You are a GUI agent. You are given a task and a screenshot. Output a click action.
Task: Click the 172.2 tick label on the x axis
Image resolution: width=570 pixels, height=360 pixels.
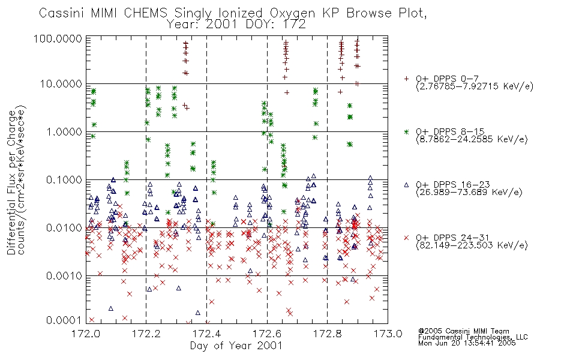146,334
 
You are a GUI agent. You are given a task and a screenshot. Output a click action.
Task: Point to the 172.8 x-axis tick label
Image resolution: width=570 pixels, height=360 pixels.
327,334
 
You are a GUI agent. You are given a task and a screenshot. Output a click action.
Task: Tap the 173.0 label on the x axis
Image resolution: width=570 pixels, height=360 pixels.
388,334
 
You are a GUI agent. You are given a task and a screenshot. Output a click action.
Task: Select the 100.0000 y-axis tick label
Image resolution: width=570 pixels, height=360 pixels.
58,38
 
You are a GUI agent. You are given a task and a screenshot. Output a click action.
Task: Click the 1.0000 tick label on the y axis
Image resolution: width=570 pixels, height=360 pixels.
64,131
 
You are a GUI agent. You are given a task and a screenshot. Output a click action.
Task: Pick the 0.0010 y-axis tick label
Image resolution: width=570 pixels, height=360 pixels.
64,276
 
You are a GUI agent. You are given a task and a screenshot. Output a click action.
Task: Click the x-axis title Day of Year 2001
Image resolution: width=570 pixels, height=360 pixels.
236,346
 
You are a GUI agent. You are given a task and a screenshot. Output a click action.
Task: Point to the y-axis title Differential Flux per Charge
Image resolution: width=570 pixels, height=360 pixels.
11,182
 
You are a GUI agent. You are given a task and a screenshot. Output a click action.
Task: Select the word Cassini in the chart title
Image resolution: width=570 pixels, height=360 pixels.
61,13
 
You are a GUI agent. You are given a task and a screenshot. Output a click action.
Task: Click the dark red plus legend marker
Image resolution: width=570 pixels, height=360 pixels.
406,79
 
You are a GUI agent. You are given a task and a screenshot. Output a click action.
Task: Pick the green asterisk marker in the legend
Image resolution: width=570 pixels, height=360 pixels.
406,131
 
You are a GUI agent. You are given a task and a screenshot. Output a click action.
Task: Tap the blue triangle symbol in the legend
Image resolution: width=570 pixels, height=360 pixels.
406,185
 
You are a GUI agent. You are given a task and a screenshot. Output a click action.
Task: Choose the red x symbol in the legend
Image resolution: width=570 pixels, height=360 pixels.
406,238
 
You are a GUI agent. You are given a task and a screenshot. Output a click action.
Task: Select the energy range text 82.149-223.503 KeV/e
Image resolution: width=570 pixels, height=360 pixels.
472,245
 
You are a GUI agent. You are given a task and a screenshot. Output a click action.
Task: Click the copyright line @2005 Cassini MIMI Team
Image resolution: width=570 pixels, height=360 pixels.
464,331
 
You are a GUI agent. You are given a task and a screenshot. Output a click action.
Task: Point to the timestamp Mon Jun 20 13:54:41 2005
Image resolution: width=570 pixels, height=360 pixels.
467,343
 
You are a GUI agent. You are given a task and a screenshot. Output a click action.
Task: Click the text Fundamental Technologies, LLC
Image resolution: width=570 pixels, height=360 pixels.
473,337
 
